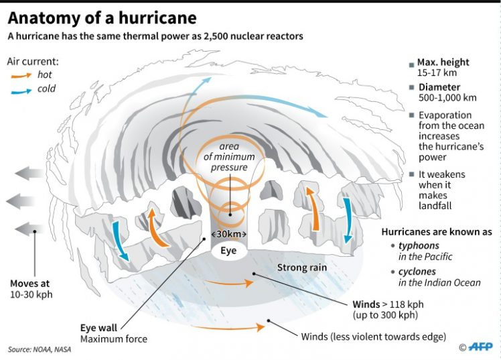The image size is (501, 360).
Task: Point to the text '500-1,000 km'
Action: (x=448, y=97)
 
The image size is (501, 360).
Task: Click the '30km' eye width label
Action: (x=229, y=234)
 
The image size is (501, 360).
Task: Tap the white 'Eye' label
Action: (x=229, y=251)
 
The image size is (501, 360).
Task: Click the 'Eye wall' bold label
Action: (x=99, y=328)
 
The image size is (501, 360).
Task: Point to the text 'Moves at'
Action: (x=30, y=282)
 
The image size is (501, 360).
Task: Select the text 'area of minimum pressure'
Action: (x=229, y=158)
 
